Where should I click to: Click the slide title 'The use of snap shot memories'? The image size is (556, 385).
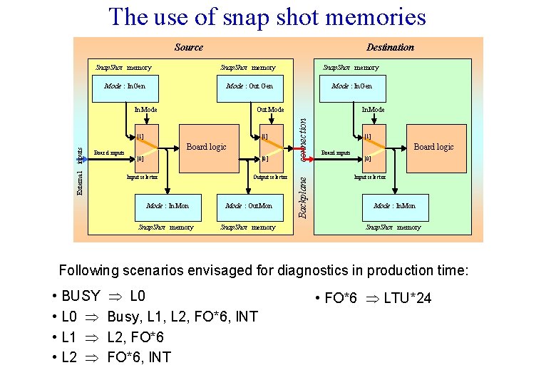[267, 16]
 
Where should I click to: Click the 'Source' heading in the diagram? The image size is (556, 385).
[188, 47]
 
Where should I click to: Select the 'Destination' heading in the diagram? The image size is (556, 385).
[390, 47]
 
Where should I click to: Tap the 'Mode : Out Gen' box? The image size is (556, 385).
[249, 86]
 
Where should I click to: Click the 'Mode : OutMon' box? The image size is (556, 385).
[249, 206]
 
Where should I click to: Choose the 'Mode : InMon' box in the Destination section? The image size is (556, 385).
[394, 206]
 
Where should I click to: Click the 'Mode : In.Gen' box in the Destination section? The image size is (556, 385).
[351, 86]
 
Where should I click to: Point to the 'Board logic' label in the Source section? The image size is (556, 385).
[206, 147]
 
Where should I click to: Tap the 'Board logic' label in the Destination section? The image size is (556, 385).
[433, 147]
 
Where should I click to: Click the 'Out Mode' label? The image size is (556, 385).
[270, 110]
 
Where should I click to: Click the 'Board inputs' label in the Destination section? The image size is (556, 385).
[336, 152]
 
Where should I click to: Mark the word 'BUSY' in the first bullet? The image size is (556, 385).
[81, 296]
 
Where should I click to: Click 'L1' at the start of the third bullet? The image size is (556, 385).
[70, 337]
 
